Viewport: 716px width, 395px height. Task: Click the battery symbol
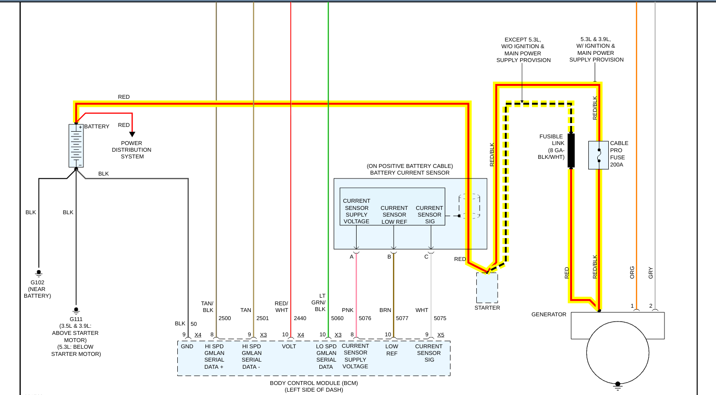(76, 146)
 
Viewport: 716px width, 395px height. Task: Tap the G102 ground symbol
(39, 273)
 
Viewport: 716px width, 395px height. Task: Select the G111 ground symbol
(76, 311)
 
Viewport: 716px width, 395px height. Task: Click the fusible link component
(571, 150)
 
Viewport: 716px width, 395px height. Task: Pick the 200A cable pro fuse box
(598, 155)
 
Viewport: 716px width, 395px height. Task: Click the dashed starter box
(487, 288)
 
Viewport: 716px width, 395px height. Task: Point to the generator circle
(617, 353)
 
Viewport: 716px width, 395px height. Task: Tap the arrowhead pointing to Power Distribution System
(132, 134)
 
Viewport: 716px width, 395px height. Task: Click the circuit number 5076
(365, 318)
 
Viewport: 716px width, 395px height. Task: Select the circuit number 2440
(300, 318)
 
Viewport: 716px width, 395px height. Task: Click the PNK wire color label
(348, 310)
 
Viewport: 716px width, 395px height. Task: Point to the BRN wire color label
(385, 310)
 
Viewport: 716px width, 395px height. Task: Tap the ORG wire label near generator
(632, 272)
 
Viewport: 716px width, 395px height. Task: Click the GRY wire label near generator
(651, 272)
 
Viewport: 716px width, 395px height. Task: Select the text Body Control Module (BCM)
(314, 383)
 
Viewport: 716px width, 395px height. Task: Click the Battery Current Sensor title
(409, 173)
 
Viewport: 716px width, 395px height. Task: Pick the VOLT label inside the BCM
(289, 346)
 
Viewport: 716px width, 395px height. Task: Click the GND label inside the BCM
(187, 346)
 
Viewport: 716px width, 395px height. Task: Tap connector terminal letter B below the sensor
(389, 257)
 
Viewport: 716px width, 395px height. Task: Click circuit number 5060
(337, 318)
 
